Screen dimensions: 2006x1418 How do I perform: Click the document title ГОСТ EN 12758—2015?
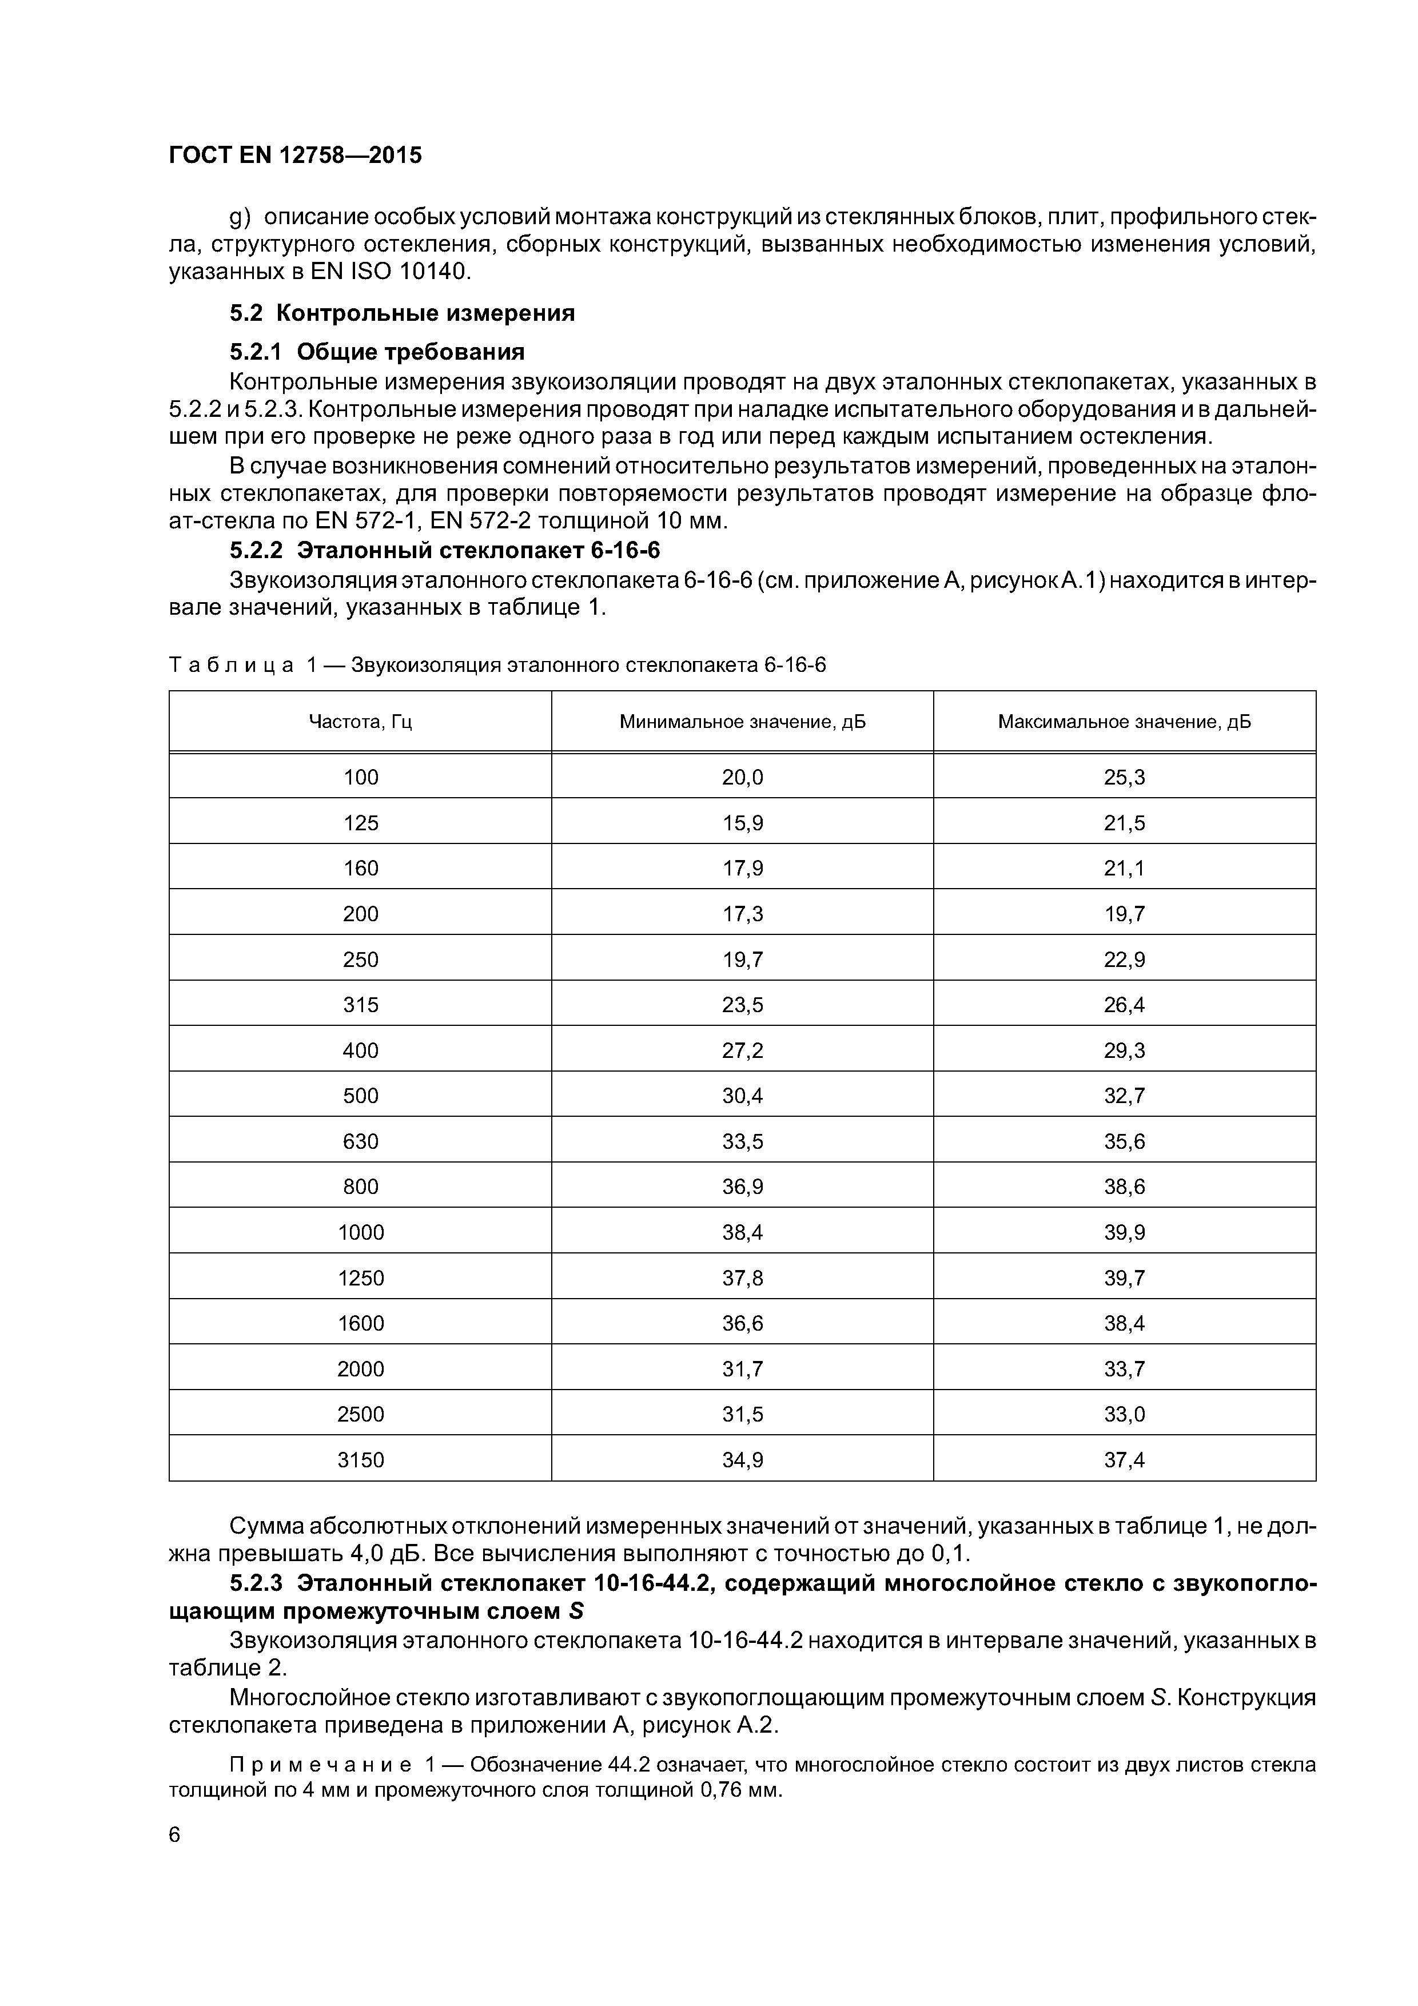tap(294, 156)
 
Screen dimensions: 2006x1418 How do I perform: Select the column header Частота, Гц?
tap(360, 722)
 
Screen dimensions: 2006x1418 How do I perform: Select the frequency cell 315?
tap(360, 1005)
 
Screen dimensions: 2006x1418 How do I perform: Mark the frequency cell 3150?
tap(360, 1460)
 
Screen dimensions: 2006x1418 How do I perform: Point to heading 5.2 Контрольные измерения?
tap(402, 313)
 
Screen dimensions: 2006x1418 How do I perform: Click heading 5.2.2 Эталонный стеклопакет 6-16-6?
tap(445, 551)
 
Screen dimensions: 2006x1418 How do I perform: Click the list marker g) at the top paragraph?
tap(240, 217)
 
